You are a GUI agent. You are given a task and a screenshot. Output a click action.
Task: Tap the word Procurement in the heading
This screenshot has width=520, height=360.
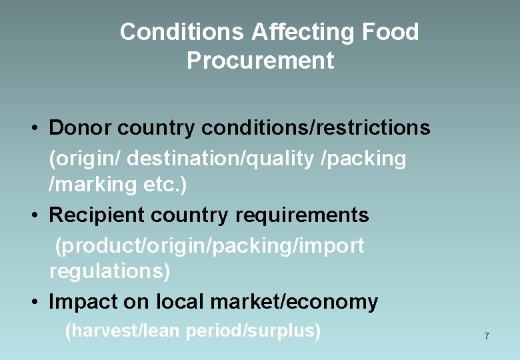point(260,61)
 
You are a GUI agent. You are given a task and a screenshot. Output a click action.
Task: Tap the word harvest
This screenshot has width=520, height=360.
point(101,331)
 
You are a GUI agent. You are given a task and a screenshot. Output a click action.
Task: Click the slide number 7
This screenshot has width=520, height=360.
point(487,336)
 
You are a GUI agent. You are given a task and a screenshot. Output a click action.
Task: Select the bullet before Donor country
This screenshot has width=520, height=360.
point(33,127)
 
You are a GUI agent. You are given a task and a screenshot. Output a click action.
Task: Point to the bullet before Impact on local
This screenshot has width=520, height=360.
point(33,303)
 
